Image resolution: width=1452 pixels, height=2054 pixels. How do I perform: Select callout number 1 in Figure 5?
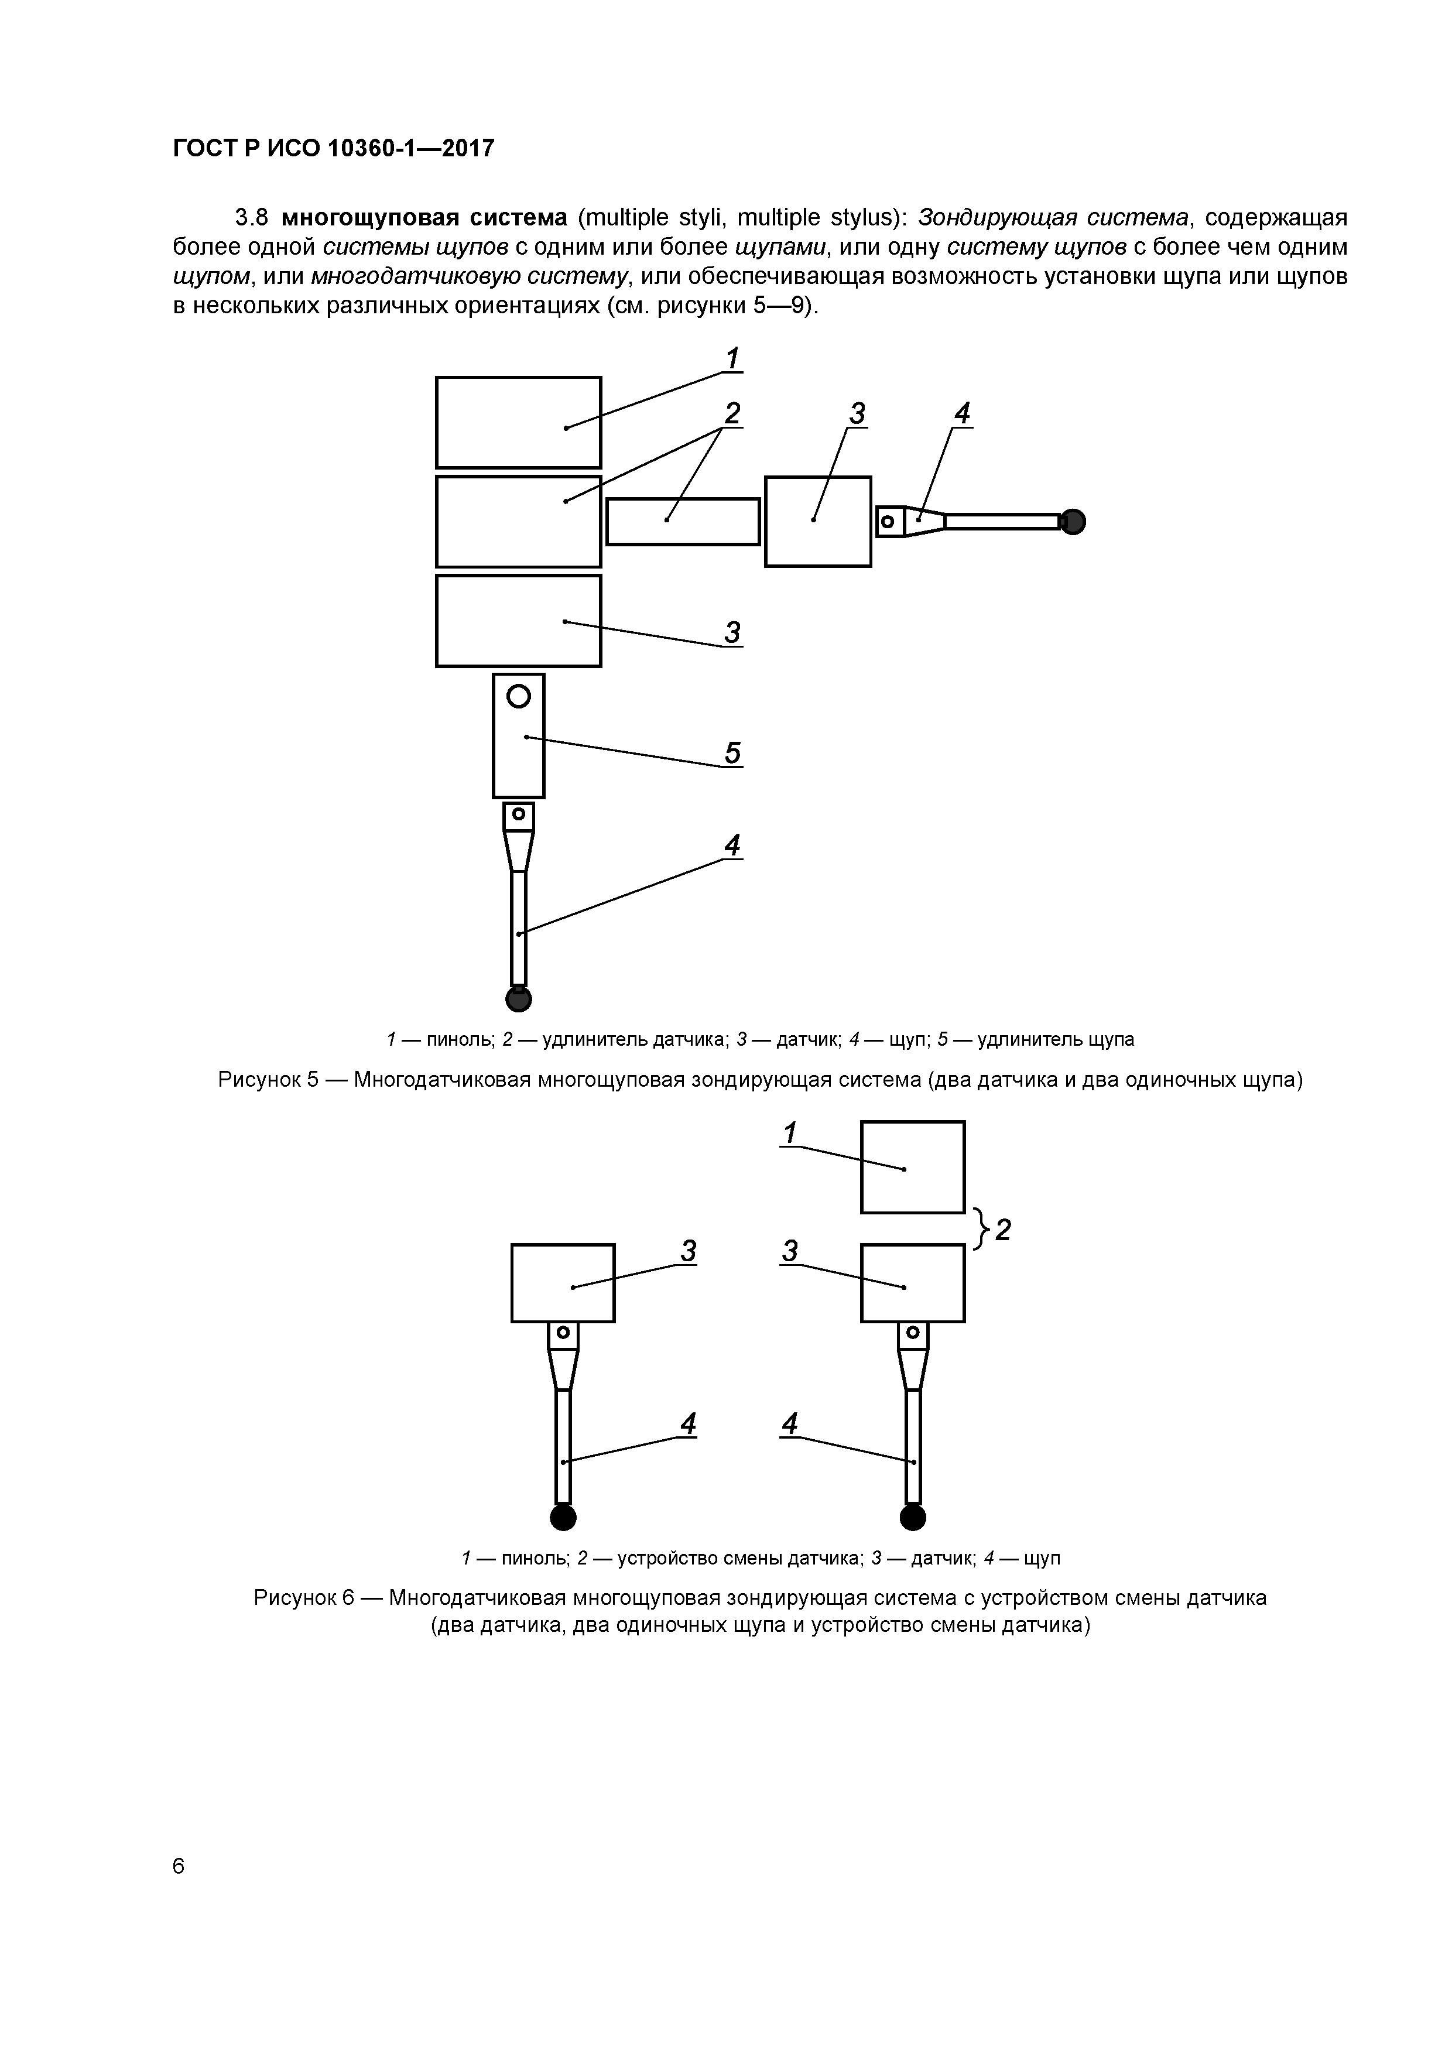[732, 359]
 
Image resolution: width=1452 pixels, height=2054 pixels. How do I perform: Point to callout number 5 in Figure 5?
[732, 753]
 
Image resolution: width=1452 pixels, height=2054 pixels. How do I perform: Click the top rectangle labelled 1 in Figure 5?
[518, 422]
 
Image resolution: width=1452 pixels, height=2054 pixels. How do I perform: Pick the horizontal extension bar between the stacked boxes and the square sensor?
[683, 522]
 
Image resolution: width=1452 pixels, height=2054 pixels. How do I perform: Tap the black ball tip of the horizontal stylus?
[1073, 522]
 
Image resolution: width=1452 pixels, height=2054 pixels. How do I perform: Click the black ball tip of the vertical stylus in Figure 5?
[519, 998]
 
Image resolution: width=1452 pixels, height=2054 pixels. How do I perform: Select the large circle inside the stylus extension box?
[519, 695]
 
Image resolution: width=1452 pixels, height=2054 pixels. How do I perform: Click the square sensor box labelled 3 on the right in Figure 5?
[818, 522]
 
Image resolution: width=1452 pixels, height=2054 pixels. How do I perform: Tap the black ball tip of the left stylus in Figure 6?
[563, 1517]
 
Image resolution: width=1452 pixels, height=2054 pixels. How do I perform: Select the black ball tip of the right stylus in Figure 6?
[913, 1517]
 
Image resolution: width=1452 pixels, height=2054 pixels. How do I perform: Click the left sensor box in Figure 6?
[563, 1283]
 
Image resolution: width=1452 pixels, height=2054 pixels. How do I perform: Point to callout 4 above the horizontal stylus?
[962, 413]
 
